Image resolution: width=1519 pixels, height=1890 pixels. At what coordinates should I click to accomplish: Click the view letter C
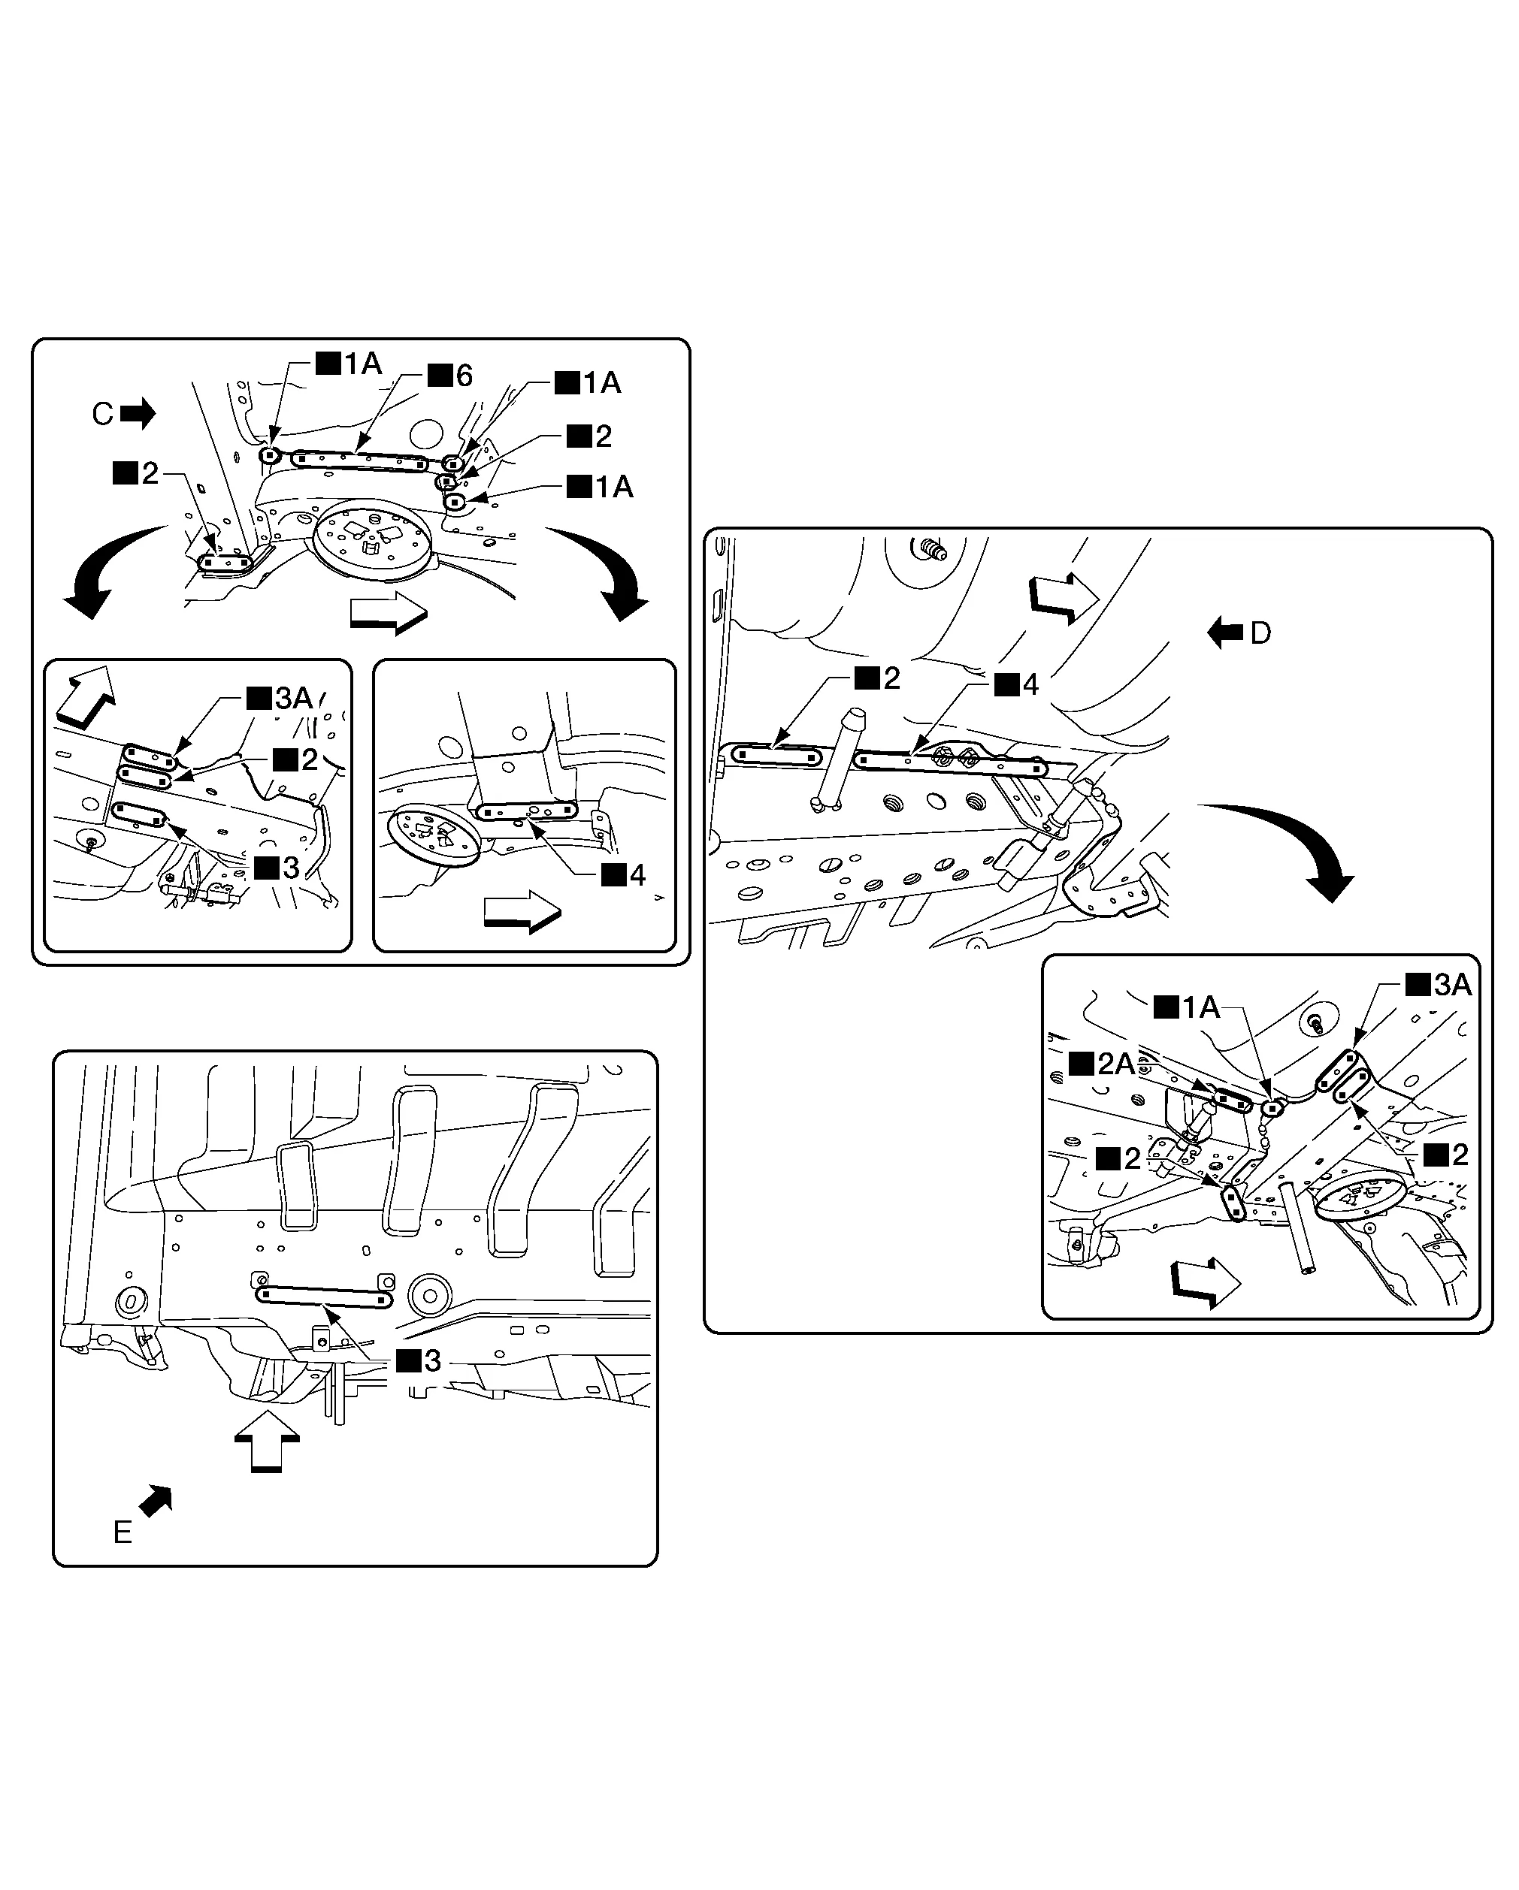click(x=103, y=414)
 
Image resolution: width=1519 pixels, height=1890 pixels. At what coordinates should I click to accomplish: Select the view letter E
click(x=123, y=1532)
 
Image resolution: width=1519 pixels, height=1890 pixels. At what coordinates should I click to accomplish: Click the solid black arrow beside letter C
click(x=138, y=413)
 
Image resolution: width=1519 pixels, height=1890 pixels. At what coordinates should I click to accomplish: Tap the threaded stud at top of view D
click(x=932, y=551)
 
